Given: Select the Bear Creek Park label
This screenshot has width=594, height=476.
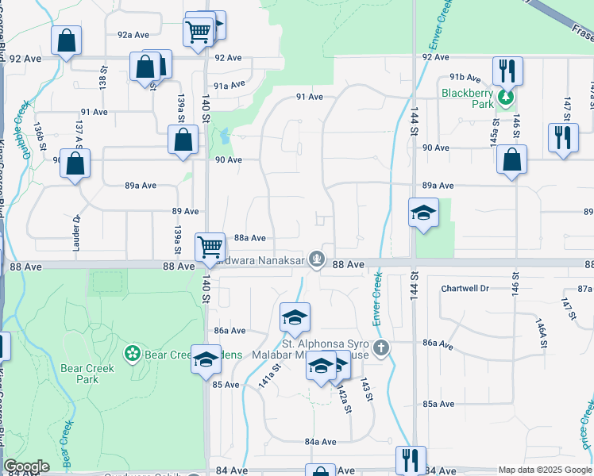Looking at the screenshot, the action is tap(87, 374).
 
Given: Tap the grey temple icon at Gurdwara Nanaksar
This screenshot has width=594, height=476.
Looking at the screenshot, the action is tap(317, 258).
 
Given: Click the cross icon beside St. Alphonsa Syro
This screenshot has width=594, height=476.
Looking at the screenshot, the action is tap(382, 347).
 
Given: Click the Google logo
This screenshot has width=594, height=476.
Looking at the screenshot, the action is tap(26, 466).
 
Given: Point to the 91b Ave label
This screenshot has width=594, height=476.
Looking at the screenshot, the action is tap(465, 78).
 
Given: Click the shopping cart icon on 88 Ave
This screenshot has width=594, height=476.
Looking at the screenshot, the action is tap(210, 246).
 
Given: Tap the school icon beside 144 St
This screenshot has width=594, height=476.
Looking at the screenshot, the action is tap(424, 213).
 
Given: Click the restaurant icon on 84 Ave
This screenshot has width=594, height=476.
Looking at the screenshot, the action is tap(411, 460).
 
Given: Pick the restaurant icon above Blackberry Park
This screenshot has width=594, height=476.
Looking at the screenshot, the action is tap(507, 70).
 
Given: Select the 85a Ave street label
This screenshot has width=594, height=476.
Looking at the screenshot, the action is tap(438, 404).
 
